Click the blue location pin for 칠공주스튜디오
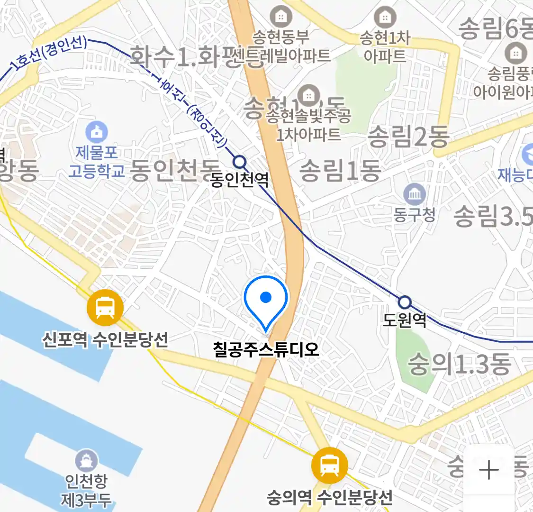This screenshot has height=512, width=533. pyautogui.click(x=266, y=299)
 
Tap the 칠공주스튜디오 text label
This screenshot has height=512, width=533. pyautogui.click(x=266, y=350)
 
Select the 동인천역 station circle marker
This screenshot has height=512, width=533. pyautogui.click(x=240, y=162)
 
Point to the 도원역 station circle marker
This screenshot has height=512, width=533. pyautogui.click(x=404, y=302)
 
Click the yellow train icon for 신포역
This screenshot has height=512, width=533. pyautogui.click(x=105, y=308)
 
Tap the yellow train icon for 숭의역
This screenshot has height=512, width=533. pyautogui.click(x=330, y=465)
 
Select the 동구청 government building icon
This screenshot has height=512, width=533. pyautogui.click(x=415, y=194)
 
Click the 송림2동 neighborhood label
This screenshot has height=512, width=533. pyautogui.click(x=408, y=137)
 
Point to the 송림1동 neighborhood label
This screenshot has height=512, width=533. pyautogui.click(x=340, y=170)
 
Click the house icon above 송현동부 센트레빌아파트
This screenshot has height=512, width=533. pyautogui.click(x=281, y=17)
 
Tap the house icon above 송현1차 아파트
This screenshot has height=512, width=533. pyautogui.click(x=385, y=18)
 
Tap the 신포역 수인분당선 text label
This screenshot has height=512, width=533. pyautogui.click(x=105, y=339)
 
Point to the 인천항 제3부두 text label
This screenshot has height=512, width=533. pyautogui.click(x=86, y=491)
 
